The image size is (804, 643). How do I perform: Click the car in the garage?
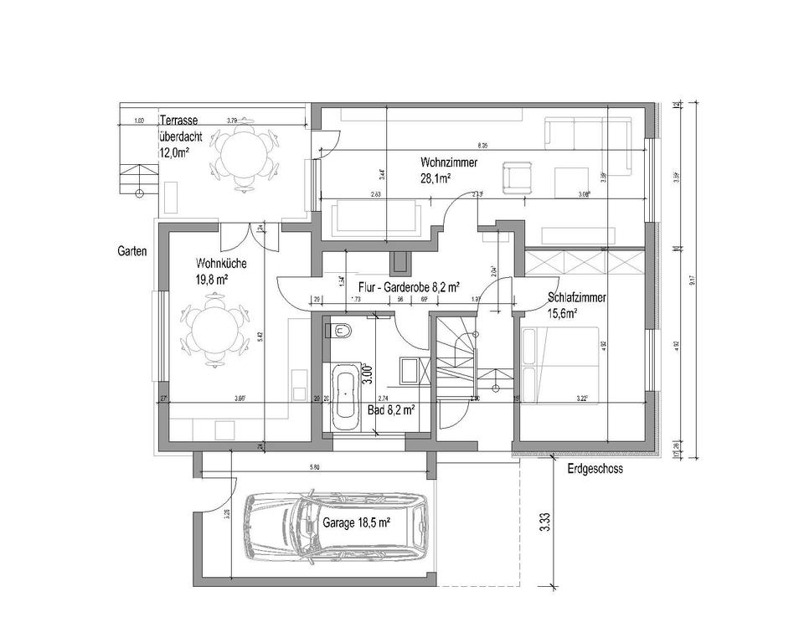coord(335,526)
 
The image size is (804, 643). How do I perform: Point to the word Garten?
coord(133,250)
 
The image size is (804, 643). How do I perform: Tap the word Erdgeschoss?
coord(594,469)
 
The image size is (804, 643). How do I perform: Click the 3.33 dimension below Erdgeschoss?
coord(545,521)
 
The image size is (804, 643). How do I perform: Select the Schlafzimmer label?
coord(577,298)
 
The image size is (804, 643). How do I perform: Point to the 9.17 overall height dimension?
coord(691,282)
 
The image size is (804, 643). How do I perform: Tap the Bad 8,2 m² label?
coord(392,410)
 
